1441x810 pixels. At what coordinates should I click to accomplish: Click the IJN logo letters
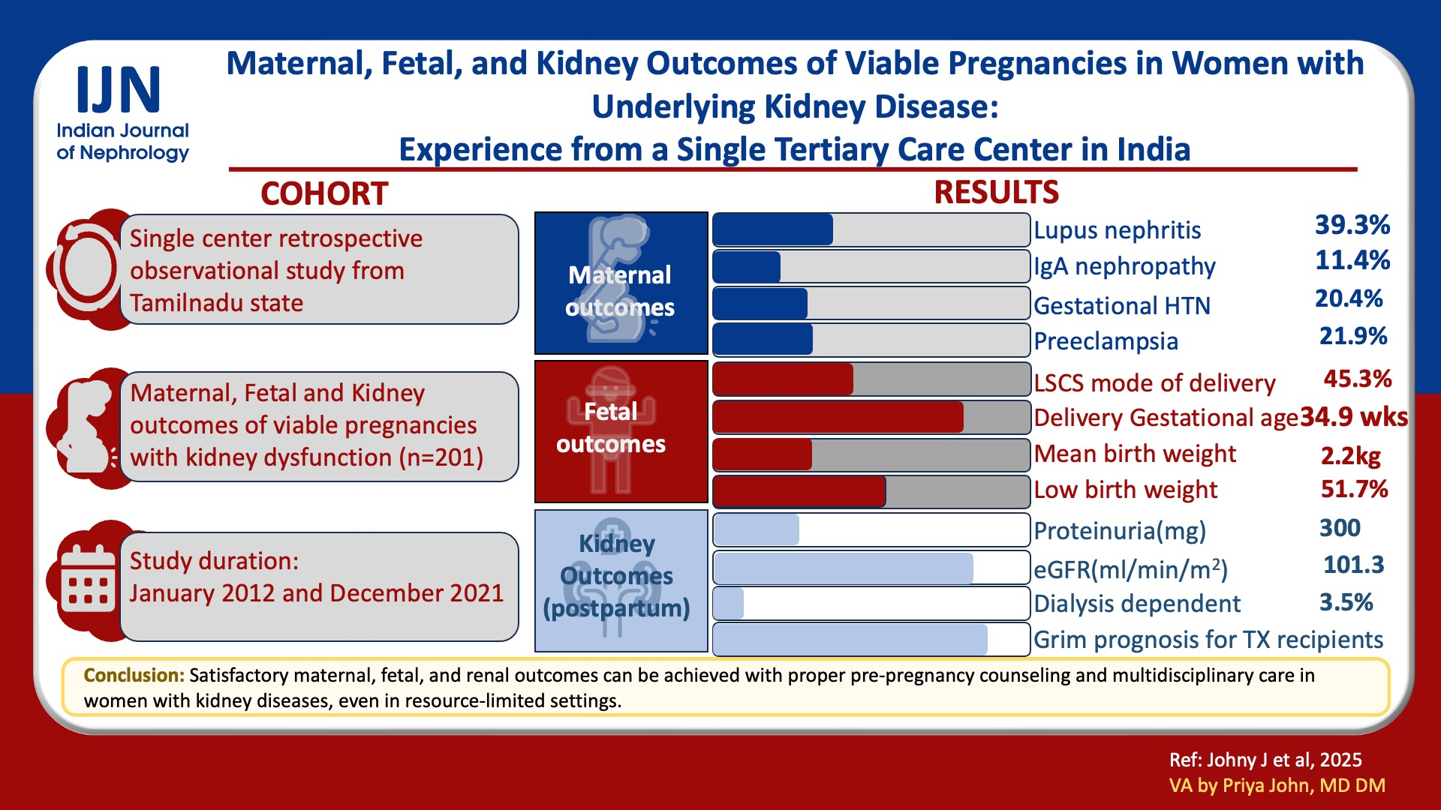(x=119, y=89)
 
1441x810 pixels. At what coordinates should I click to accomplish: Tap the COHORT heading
(x=324, y=193)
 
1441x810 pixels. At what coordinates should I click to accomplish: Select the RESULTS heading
(x=996, y=192)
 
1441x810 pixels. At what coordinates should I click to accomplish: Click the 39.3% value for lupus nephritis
(x=1352, y=224)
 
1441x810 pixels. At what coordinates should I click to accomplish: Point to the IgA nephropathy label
(x=1124, y=266)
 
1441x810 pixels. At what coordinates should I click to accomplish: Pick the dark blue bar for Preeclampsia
(x=763, y=340)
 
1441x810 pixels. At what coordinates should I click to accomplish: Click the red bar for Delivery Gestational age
(x=838, y=417)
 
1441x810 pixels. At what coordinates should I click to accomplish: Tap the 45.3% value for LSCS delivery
(x=1358, y=378)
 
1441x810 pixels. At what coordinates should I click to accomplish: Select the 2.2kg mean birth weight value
(x=1351, y=455)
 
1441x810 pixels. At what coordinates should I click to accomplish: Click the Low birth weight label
(x=1125, y=490)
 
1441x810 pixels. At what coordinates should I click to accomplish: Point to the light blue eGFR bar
(x=843, y=568)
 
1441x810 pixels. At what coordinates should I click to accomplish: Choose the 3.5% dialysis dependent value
(x=1346, y=602)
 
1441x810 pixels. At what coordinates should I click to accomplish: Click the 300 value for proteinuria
(x=1340, y=528)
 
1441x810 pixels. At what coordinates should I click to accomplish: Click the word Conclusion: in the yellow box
(x=134, y=675)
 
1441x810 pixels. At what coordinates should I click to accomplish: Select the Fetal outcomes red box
(x=621, y=432)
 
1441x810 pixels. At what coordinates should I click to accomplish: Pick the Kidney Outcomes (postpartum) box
(x=621, y=580)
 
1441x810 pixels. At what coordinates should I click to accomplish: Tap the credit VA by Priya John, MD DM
(x=1277, y=785)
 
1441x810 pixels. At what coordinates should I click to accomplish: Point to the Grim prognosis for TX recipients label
(x=1208, y=640)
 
